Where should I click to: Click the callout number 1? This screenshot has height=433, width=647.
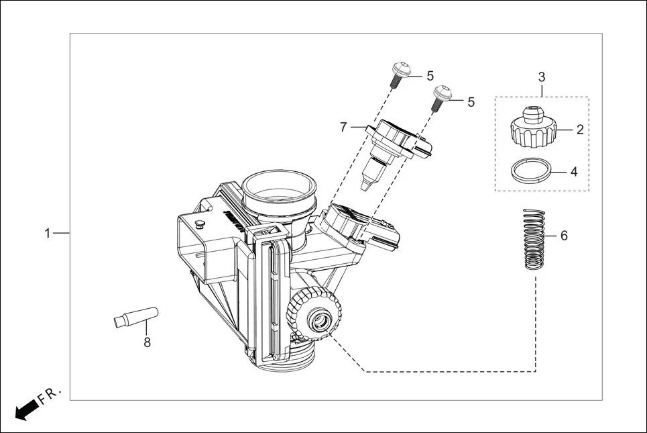tap(47, 233)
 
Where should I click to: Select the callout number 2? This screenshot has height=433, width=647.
tap(580, 130)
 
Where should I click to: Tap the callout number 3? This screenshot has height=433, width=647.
tap(542, 77)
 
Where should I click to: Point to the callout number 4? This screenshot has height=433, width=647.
tap(574, 172)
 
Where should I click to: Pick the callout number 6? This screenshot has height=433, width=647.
tap(564, 236)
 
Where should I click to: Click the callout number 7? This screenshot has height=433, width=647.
tap(343, 126)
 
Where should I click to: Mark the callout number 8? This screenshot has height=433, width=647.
tap(147, 342)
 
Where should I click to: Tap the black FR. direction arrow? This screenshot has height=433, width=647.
tap(25, 409)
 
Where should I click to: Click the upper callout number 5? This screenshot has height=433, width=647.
tap(430, 76)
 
